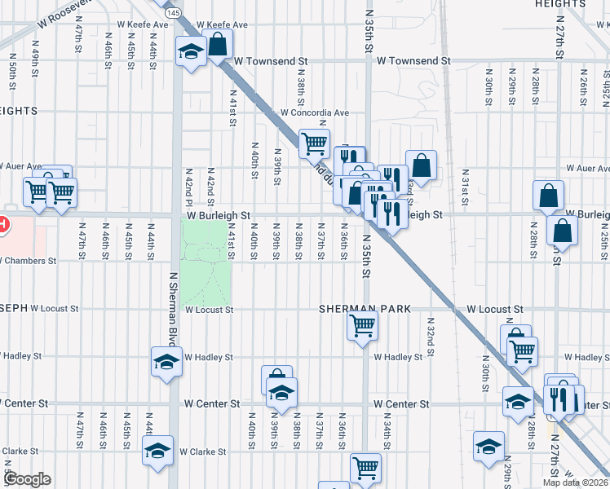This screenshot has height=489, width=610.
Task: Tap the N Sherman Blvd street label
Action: coord(173,306)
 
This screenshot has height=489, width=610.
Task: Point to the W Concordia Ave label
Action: coord(315,112)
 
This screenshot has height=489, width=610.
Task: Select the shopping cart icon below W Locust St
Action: coord(362,326)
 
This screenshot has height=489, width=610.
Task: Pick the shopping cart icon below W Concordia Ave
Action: coord(314,143)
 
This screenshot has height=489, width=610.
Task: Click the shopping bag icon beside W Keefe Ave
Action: coord(218,44)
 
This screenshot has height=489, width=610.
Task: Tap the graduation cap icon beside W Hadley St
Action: coord(166,362)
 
